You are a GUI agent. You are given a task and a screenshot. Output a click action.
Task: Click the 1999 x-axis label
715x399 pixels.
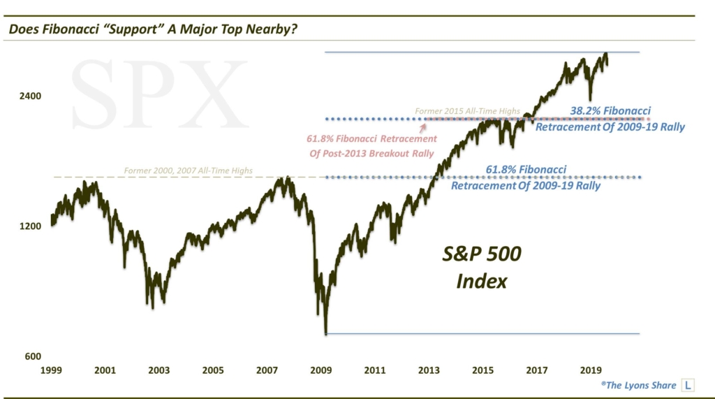tap(50, 370)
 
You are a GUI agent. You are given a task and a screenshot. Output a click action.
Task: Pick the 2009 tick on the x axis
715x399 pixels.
tap(321, 370)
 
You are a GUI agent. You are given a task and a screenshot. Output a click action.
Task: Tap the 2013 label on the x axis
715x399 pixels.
tap(429, 370)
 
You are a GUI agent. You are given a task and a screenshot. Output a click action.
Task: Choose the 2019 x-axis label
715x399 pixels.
tap(591, 370)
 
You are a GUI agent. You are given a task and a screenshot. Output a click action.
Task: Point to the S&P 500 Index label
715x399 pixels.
tap(481, 268)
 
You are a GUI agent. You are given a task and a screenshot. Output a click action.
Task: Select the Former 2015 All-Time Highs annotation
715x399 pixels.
tap(467, 111)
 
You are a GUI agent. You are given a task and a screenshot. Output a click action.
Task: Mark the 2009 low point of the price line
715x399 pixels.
tap(325, 333)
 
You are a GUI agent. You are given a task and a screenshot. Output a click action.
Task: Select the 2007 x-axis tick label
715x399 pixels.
tap(267, 370)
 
